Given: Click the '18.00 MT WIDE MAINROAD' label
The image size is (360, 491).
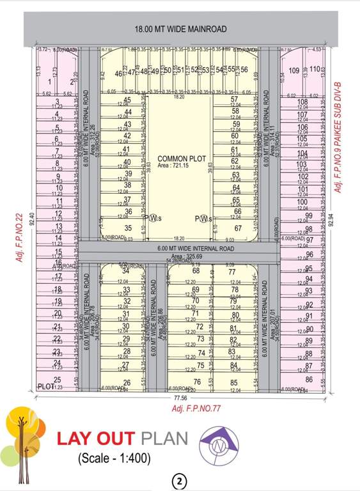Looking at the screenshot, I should click(180, 29).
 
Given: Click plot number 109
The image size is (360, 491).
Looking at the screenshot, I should click(294, 70).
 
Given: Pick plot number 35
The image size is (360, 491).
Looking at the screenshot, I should click(128, 228).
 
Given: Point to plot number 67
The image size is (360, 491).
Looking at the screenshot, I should click(238, 228).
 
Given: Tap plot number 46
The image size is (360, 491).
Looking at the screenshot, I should click(118, 74).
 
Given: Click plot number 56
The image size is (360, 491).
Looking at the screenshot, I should click(244, 69).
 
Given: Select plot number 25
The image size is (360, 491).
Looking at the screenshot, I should click(58, 380).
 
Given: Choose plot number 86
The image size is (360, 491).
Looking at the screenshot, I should click(309, 379).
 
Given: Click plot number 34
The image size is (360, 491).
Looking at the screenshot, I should click(126, 271).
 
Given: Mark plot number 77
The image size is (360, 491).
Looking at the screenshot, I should click(232, 271).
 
